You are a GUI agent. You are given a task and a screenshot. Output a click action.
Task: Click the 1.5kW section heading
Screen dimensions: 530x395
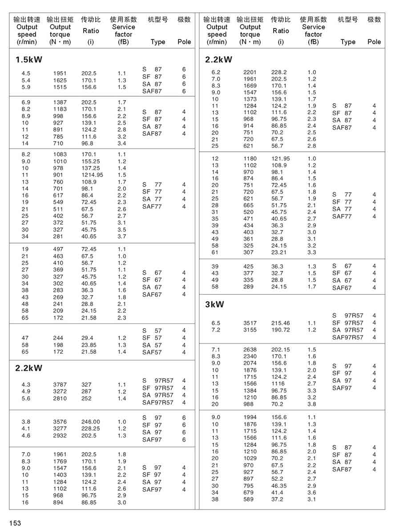tap(29, 60)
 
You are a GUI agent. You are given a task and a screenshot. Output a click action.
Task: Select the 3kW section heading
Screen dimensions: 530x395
tap(215, 305)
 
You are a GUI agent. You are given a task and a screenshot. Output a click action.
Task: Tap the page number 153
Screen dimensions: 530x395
tap(15, 523)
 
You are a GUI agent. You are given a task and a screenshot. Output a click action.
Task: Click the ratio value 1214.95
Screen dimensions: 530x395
tap(92, 175)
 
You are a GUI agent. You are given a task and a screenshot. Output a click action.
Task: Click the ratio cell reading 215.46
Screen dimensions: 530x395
tap(280, 323)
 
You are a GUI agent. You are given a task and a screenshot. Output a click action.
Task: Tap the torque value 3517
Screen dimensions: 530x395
tap(250, 323)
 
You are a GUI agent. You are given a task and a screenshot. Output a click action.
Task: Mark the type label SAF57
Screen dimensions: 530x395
tap(152, 352)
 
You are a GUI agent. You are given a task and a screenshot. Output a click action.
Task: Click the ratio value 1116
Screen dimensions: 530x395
tap(278, 384)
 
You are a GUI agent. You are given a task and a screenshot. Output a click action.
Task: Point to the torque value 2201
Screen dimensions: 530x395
tap(250, 72)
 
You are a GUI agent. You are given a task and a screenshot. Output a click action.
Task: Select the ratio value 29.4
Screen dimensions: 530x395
tap(88, 338)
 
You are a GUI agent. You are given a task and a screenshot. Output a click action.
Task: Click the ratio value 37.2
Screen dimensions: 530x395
tap(277, 499)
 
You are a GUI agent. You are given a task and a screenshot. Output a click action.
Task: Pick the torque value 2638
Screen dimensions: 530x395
tap(250, 350)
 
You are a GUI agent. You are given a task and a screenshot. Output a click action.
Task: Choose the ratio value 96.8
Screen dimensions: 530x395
tap(88, 143)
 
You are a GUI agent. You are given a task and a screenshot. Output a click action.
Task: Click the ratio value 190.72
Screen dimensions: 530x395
tap(280, 330)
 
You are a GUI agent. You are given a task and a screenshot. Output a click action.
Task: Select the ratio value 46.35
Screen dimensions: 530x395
tap(279, 485)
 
